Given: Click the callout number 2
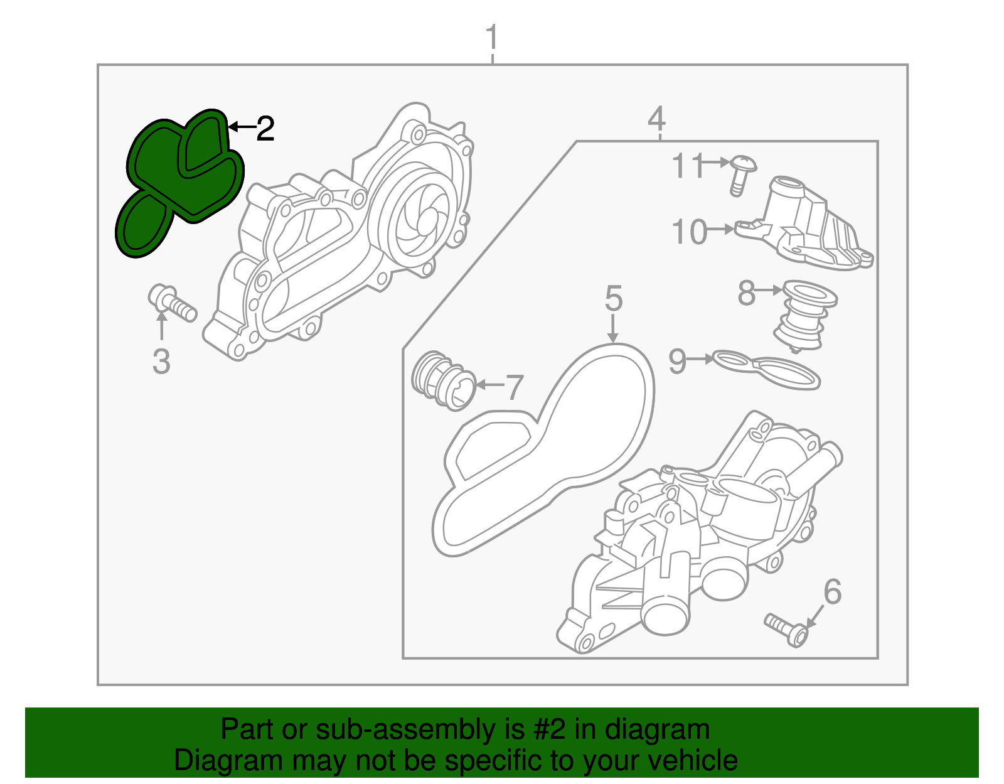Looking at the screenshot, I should click(265, 129).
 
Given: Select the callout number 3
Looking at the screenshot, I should click(161, 362).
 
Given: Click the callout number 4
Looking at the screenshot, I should click(656, 118).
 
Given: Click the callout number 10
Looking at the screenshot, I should click(689, 232).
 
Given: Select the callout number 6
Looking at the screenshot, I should click(832, 592).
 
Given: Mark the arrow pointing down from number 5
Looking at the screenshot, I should click(613, 330).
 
